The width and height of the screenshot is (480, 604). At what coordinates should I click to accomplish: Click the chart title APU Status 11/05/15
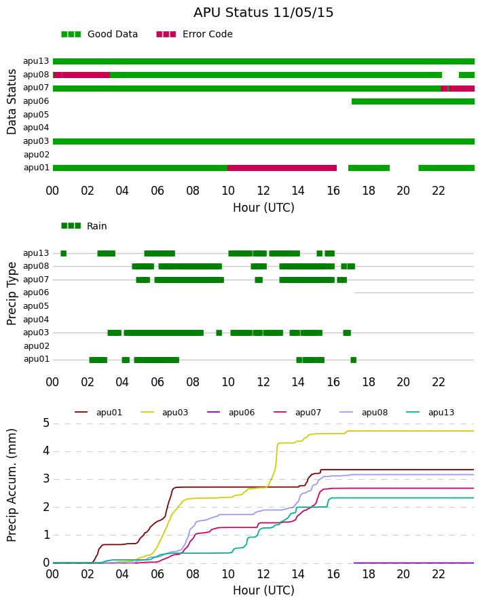[263, 13]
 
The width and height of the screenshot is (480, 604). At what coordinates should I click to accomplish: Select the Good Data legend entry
[99, 35]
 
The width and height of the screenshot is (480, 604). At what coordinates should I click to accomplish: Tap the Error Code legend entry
[194, 35]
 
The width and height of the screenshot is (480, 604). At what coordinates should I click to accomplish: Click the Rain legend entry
[84, 226]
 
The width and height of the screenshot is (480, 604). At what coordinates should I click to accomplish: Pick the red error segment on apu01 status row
[282, 168]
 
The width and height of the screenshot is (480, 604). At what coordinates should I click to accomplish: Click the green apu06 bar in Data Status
[413, 101]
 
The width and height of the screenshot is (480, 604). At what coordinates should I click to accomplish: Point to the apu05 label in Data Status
[36, 115]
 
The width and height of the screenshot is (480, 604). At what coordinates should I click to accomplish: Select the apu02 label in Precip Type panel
[37, 346]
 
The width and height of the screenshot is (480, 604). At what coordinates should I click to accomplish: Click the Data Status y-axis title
[12, 102]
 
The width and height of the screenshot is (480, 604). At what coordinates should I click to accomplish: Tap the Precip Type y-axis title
[12, 294]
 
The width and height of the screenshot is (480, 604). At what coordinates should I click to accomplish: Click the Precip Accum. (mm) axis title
[12, 485]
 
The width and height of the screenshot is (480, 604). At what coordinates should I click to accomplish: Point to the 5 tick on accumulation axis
[46, 423]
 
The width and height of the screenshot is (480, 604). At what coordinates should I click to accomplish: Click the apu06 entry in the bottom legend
[231, 413]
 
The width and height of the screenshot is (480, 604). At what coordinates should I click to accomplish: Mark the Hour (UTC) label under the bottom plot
[263, 590]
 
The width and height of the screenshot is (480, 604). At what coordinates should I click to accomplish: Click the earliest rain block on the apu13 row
[64, 253]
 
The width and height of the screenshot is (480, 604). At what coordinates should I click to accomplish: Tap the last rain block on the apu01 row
[353, 360]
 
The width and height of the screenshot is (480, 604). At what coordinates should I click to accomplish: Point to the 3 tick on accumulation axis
[46, 479]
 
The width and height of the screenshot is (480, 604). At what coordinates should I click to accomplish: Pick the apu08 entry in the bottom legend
[364, 413]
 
